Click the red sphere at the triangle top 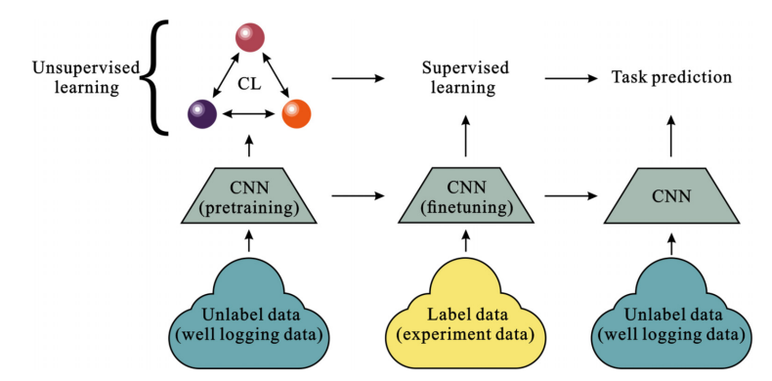pos(249,37)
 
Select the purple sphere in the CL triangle pos(202,113)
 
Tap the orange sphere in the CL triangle pos(296,113)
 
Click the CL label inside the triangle pos(249,85)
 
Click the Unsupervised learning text pos(86,77)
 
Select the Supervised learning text pos(465,77)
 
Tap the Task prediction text pos(671,78)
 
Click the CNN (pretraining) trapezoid pos(248,196)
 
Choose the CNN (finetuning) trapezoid pos(465,196)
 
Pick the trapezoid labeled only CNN pos(671,196)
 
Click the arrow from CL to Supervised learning pos(358,78)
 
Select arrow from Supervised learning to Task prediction pos(571,78)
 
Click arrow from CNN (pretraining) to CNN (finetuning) pos(358,196)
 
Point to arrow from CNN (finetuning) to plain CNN pos(571,196)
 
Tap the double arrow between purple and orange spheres pos(249,113)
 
